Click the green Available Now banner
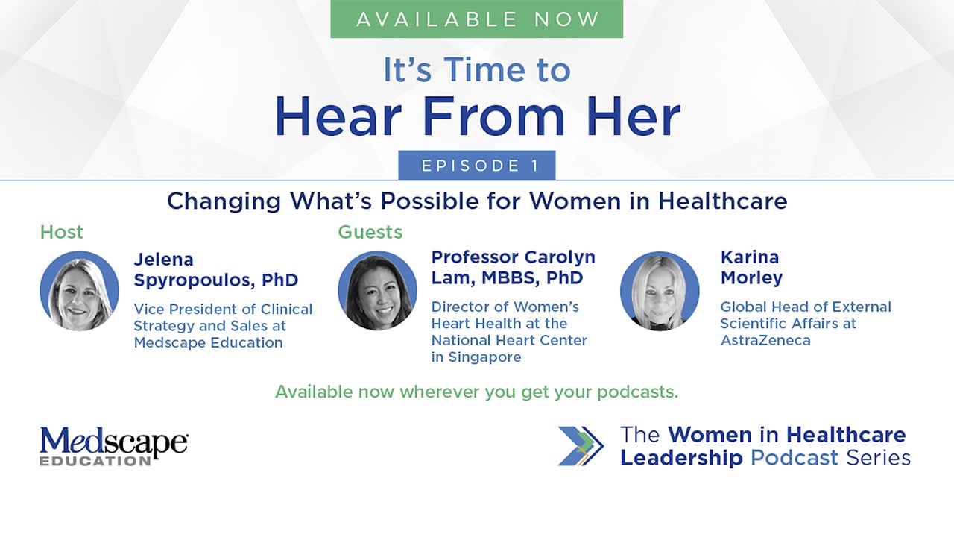tap(476, 19)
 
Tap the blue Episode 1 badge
tap(477, 166)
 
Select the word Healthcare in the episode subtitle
tap(723, 201)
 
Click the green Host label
tap(61, 232)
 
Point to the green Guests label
tap(370, 232)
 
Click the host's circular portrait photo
tap(79, 291)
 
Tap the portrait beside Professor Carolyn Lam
tap(377, 291)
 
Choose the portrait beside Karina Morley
tap(660, 291)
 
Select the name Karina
tap(750, 257)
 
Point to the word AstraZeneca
tap(765, 340)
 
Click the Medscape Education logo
tap(114, 445)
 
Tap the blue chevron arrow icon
tap(581, 446)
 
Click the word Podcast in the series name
tap(795, 458)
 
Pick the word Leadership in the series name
tap(681, 458)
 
